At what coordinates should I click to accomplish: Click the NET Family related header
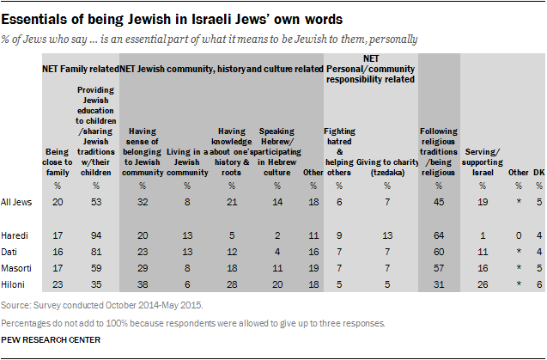79,66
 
